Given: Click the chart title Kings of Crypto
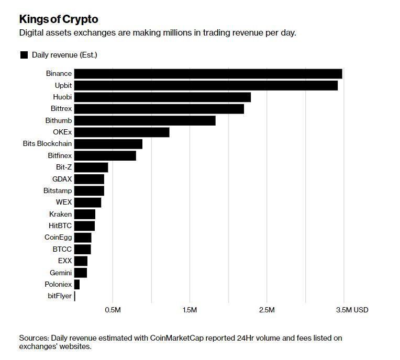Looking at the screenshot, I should coord(59,19).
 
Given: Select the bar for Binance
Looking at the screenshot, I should coord(208,74).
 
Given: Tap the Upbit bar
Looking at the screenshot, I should coord(206,85).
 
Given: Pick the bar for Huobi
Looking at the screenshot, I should coord(162,97).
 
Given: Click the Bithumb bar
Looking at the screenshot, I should coord(145,120).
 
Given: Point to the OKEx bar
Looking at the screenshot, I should coord(121,132).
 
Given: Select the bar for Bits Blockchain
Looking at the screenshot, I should coord(108,144).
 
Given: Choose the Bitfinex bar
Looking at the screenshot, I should coord(105,155).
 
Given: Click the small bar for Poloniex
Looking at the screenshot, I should coord(77,285).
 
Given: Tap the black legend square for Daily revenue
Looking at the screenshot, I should coord(24,55).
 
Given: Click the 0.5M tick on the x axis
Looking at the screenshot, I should coord(113,310).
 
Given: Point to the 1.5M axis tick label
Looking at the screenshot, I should coord(190,310).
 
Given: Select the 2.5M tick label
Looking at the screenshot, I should coord(266,310).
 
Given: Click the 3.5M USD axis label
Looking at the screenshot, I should coord(352,310).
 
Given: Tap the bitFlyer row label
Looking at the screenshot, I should coord(59,296).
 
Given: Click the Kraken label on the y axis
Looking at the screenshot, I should coord(60,214).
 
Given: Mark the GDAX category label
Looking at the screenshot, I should coord(62,179).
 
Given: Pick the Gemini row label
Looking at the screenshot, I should coord(61,273).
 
